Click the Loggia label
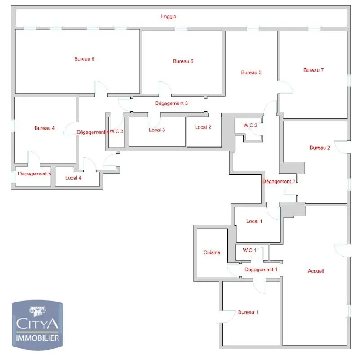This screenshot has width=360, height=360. [x=169, y=17]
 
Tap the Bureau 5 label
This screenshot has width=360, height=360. [x=84, y=59]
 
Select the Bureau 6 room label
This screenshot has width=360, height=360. [x=183, y=61]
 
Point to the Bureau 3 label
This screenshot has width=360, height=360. [x=251, y=72]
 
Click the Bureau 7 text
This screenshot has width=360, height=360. [x=313, y=70]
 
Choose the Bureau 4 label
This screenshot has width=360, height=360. [x=44, y=128]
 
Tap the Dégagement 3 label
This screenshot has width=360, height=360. [x=171, y=103]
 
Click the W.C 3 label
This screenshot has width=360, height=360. [x=116, y=131]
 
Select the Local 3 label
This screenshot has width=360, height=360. [x=157, y=130]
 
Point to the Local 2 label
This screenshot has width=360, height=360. [x=203, y=127]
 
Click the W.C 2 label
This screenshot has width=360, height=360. [x=250, y=125]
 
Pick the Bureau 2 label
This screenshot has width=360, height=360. [x=320, y=148]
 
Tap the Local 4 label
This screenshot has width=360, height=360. [x=73, y=178]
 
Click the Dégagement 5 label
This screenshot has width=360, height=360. [x=35, y=174]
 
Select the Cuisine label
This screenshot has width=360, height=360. [x=212, y=252]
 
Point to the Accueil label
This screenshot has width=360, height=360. [x=316, y=271]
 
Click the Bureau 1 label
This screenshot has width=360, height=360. [x=248, y=312]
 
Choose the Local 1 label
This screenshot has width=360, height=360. [x=254, y=221]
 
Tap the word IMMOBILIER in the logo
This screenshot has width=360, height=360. [x=37, y=338]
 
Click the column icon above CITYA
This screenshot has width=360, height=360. [x=37, y=311]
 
